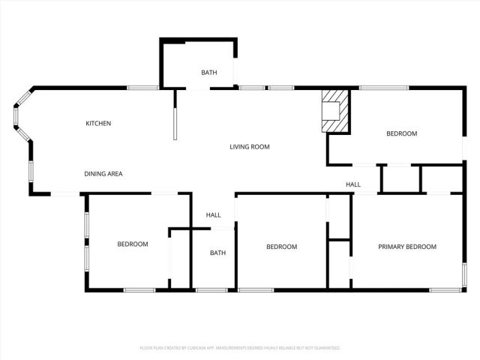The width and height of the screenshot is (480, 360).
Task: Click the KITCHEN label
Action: [98, 123]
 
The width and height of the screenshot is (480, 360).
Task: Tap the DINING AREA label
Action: [103, 174]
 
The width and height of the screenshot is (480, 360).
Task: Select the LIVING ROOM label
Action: [249, 147]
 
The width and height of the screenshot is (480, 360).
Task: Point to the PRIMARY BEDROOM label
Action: [407, 247]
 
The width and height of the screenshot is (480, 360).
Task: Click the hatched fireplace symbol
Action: [334, 111]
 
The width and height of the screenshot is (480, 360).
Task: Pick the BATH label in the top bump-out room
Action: [208, 73]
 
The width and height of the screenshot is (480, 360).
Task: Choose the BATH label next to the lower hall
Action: [217, 253]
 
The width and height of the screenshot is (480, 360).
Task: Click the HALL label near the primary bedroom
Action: [353, 184]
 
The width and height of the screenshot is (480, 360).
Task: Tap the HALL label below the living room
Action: [214, 215]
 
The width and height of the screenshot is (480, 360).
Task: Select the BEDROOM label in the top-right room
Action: [401, 133]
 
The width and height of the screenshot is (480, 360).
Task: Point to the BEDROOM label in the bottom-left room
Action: [133, 244]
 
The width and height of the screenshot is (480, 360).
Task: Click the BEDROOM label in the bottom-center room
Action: [282, 247]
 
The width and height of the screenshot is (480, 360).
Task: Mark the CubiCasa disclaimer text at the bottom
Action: [240, 348]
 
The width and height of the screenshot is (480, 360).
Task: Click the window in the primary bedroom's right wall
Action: [464, 274]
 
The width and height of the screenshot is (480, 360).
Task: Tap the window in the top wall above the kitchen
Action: [142, 88]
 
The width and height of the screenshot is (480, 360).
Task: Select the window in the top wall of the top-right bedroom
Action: [383, 88]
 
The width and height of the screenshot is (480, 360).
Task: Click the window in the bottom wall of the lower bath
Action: [211, 289]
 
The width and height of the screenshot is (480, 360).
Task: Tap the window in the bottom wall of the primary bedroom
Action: [446, 289]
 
